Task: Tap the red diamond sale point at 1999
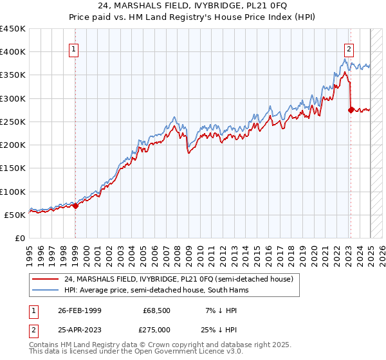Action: [75, 206]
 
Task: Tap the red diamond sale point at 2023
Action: [351, 110]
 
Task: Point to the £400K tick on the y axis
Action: [14, 52]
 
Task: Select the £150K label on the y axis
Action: [14, 168]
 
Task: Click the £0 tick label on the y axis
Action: [19, 239]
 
